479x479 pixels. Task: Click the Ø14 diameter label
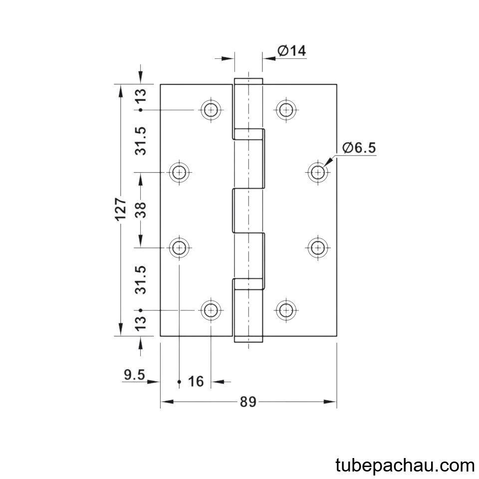[x=291, y=51]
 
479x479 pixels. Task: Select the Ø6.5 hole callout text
[x=359, y=148]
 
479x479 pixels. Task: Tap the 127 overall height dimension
[x=121, y=209]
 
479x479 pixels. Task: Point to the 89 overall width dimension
[x=248, y=402]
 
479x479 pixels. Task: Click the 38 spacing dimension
[x=141, y=210]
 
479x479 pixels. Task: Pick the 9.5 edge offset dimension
[x=134, y=375]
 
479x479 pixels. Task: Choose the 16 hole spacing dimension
[x=196, y=382]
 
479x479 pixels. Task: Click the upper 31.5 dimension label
[x=141, y=141]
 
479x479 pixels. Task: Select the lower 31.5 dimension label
[x=141, y=280]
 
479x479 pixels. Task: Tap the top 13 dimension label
[x=141, y=96]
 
